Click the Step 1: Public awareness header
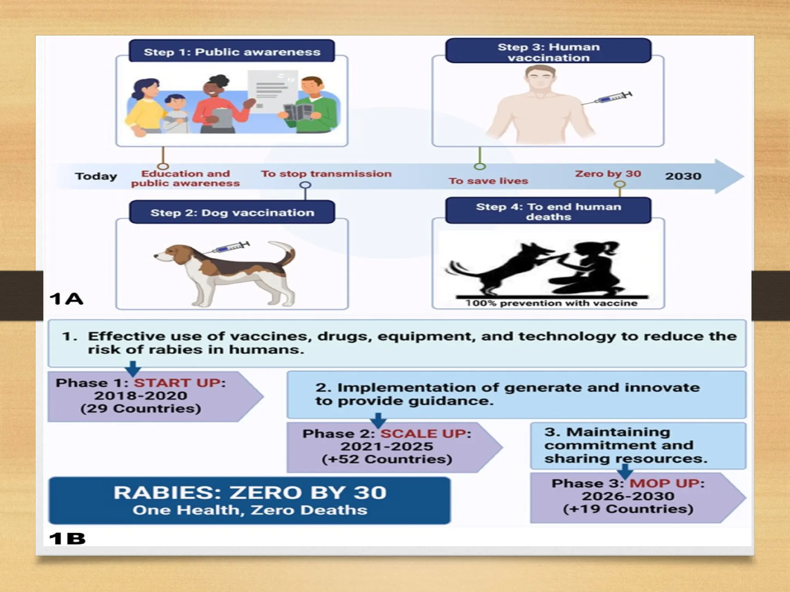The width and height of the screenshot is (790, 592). click(232, 52)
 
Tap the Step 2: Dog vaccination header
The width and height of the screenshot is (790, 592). click(232, 212)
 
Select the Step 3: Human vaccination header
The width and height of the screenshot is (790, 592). click(548, 52)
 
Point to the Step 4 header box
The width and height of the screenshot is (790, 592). click(548, 211)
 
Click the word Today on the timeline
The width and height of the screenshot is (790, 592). click(96, 176)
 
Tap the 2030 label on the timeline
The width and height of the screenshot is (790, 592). click(683, 176)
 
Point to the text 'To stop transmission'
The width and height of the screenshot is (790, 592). click(326, 174)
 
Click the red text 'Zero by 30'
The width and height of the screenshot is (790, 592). click(608, 174)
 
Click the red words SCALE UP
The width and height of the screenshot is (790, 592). click(424, 434)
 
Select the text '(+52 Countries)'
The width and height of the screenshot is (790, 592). click(387, 459)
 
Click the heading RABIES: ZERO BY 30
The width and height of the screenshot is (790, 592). click(250, 493)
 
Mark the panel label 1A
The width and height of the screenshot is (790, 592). click(66, 299)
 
